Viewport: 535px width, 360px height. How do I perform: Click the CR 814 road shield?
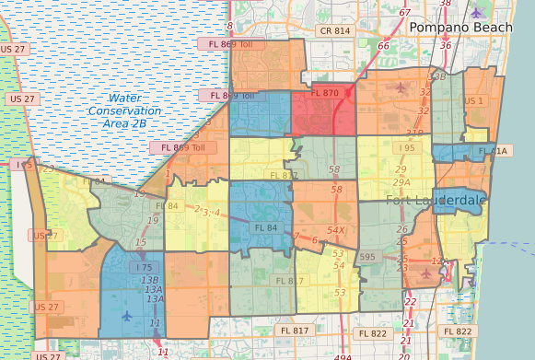333,30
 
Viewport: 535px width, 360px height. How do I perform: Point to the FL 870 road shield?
325,93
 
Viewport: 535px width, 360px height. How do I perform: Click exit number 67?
405,12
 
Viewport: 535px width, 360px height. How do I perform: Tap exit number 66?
384,45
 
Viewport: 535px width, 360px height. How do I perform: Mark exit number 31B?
415,133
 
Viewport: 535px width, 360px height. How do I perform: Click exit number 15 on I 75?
141,242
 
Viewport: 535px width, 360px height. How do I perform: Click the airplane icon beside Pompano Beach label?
475,12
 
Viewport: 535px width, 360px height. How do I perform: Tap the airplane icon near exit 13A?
126,315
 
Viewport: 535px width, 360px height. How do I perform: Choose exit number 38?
446,4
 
